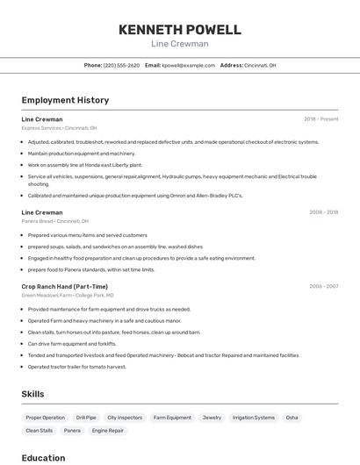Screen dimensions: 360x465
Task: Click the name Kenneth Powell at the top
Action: (x=180, y=29)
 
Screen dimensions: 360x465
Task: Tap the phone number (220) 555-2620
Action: (x=121, y=65)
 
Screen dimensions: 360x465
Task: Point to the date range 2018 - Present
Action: (x=320, y=118)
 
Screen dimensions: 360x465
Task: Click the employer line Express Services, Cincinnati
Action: (x=59, y=128)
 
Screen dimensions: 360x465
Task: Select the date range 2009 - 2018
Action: (x=323, y=212)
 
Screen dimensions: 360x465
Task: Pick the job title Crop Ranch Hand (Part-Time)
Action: (x=65, y=286)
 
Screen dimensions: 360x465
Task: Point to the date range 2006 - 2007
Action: (x=323, y=286)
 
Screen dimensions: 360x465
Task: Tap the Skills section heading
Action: (x=32, y=394)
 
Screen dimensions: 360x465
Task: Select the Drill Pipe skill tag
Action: (x=86, y=418)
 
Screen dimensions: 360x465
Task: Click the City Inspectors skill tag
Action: (x=125, y=418)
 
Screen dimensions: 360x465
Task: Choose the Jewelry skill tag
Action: (x=212, y=418)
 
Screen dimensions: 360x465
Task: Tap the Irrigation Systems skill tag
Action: (x=254, y=418)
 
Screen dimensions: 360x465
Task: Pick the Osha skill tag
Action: (x=292, y=418)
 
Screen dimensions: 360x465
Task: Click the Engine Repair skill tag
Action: (x=108, y=431)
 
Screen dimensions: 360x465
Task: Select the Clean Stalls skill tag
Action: (x=40, y=431)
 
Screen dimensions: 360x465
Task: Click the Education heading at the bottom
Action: (x=43, y=458)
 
